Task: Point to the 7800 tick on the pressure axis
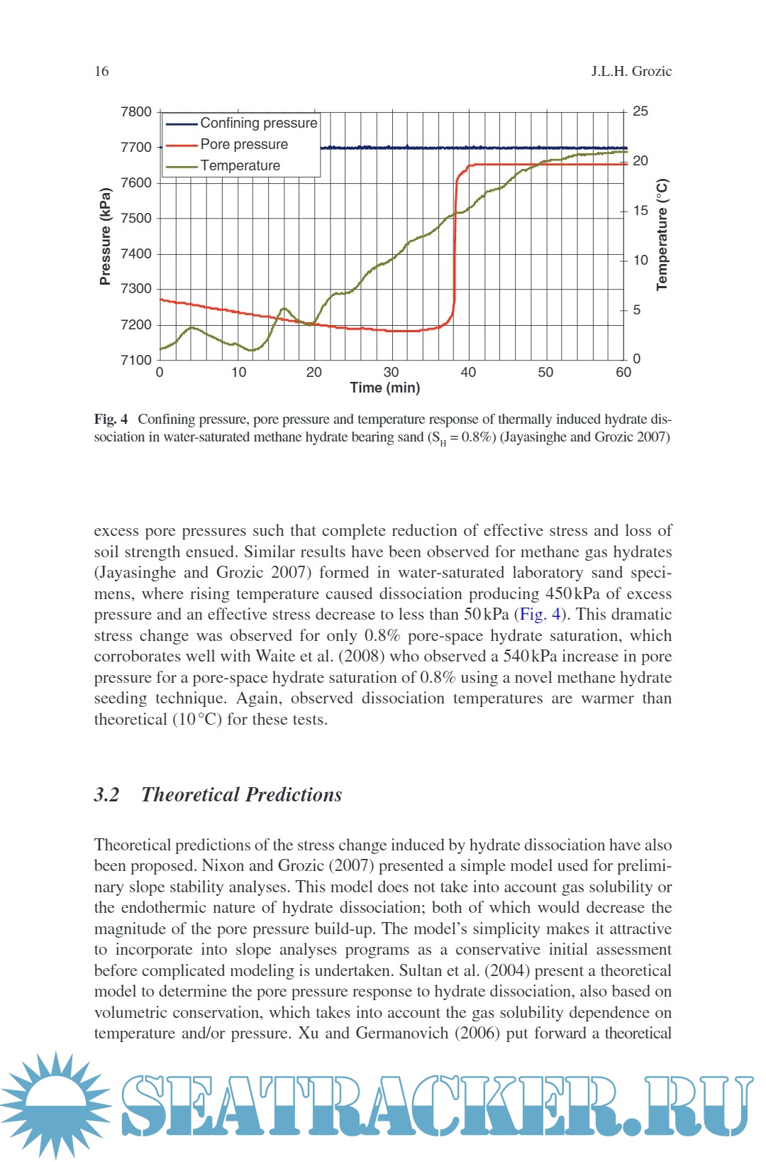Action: (x=136, y=111)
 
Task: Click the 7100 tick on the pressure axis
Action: (x=136, y=360)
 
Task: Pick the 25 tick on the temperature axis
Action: (x=640, y=111)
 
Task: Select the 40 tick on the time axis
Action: (x=468, y=372)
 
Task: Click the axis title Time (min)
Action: (x=385, y=388)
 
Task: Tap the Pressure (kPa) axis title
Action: (x=106, y=236)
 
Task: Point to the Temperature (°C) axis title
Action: (x=662, y=234)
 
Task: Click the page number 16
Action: (x=101, y=71)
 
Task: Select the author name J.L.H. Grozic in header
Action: (x=631, y=71)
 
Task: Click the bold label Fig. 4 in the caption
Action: (x=111, y=419)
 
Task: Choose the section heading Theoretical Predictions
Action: (x=241, y=794)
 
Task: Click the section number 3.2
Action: (x=106, y=794)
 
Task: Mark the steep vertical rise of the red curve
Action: (x=455, y=248)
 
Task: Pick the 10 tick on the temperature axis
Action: (x=640, y=260)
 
